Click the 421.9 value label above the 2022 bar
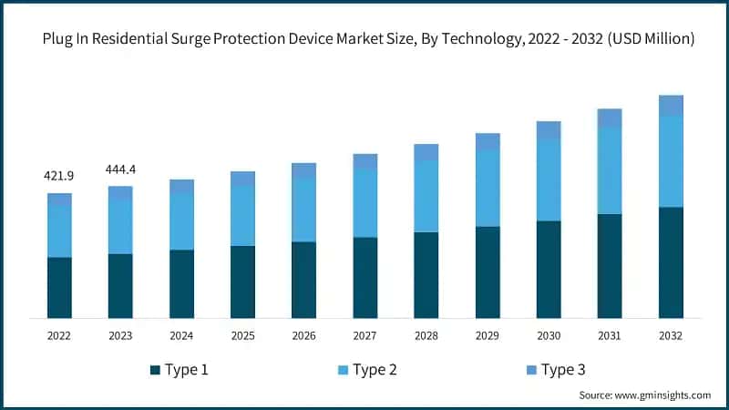[59, 175]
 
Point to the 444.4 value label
[120, 169]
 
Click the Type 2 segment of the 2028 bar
[426, 197]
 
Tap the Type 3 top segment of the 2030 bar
[549, 130]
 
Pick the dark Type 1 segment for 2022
[59, 287]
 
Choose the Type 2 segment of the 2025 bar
[242, 216]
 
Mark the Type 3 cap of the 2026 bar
[303, 170]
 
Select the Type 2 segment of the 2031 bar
[610, 171]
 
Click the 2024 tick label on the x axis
[181, 336]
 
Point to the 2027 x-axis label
[364, 336]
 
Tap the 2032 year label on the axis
[671, 336]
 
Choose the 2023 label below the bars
[120, 336]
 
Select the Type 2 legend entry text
[375, 370]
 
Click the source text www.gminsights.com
[663, 395]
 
